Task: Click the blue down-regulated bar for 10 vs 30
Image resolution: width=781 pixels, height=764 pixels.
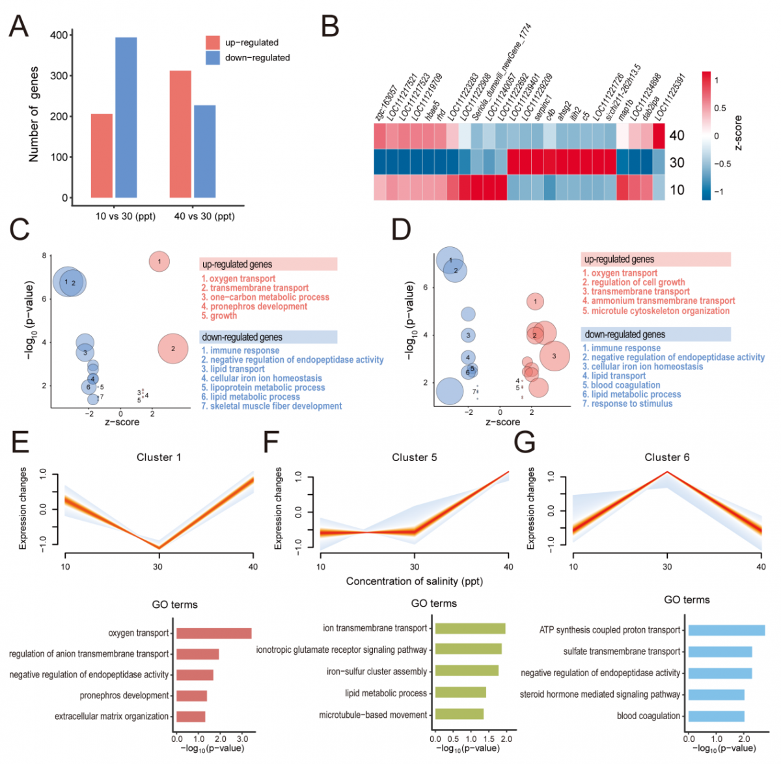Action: [x=126, y=117]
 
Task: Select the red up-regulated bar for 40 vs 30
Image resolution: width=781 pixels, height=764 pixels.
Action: [x=180, y=134]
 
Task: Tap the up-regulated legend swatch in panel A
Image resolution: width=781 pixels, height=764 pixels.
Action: [x=213, y=43]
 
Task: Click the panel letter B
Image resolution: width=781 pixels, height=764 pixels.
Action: [x=331, y=27]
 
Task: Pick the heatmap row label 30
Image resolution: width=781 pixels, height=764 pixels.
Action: [x=677, y=163]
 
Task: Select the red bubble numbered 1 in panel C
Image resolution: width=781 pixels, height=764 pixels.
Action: [x=159, y=261]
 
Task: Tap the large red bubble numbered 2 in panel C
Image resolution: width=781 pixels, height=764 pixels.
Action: [x=173, y=349]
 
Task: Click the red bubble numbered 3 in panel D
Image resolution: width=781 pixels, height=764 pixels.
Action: [x=555, y=356]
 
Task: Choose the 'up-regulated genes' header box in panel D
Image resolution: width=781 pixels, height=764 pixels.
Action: [x=655, y=259]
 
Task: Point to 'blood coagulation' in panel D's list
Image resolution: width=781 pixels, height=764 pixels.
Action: [x=621, y=385]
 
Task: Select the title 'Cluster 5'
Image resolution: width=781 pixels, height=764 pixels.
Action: [x=414, y=458]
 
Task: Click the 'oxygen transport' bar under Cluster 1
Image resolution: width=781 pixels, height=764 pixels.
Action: [x=213, y=633]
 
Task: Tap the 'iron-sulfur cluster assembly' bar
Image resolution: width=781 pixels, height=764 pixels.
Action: [x=467, y=670]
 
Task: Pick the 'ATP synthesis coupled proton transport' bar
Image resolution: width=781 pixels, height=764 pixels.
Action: [x=726, y=630]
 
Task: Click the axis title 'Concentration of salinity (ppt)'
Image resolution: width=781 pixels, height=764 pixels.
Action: [x=414, y=581]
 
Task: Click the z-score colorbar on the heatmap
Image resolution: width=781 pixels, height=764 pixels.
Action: [x=706, y=135]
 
